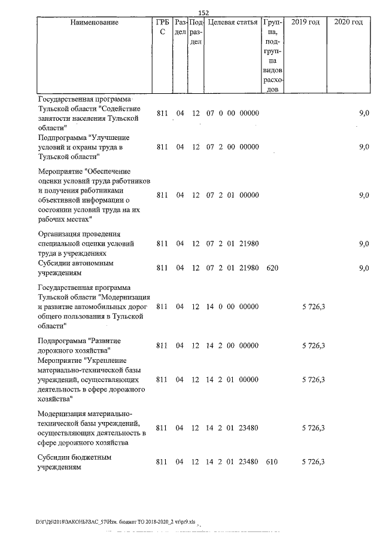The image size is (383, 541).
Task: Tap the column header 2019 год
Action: (x=305, y=23)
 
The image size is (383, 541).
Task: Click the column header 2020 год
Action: (x=349, y=23)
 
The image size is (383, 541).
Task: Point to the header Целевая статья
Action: (x=233, y=23)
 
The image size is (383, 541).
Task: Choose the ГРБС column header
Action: (x=162, y=27)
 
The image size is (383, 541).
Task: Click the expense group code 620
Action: (x=272, y=268)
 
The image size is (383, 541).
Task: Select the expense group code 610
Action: (x=272, y=462)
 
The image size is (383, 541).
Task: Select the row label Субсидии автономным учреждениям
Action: (x=76, y=268)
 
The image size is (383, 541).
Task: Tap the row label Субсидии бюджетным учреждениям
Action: (x=75, y=462)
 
